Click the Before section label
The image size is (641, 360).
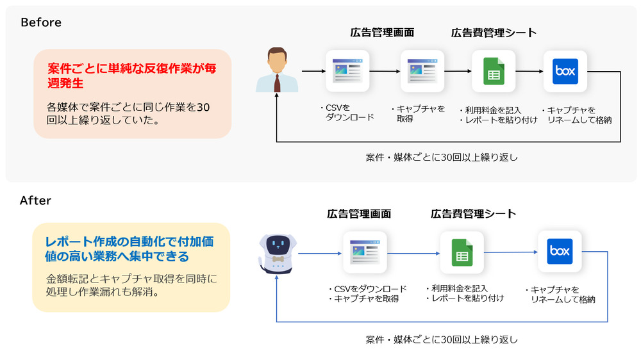click(x=41, y=22)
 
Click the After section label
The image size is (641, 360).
click(x=35, y=200)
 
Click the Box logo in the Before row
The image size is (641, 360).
click(x=565, y=72)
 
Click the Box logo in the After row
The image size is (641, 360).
click(x=560, y=252)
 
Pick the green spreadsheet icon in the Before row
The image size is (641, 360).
click(x=494, y=72)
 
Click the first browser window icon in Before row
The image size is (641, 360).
click(x=347, y=71)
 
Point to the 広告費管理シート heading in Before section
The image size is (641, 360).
click(x=494, y=33)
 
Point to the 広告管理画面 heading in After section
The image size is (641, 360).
click(x=358, y=214)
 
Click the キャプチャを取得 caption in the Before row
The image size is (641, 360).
click(x=420, y=113)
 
